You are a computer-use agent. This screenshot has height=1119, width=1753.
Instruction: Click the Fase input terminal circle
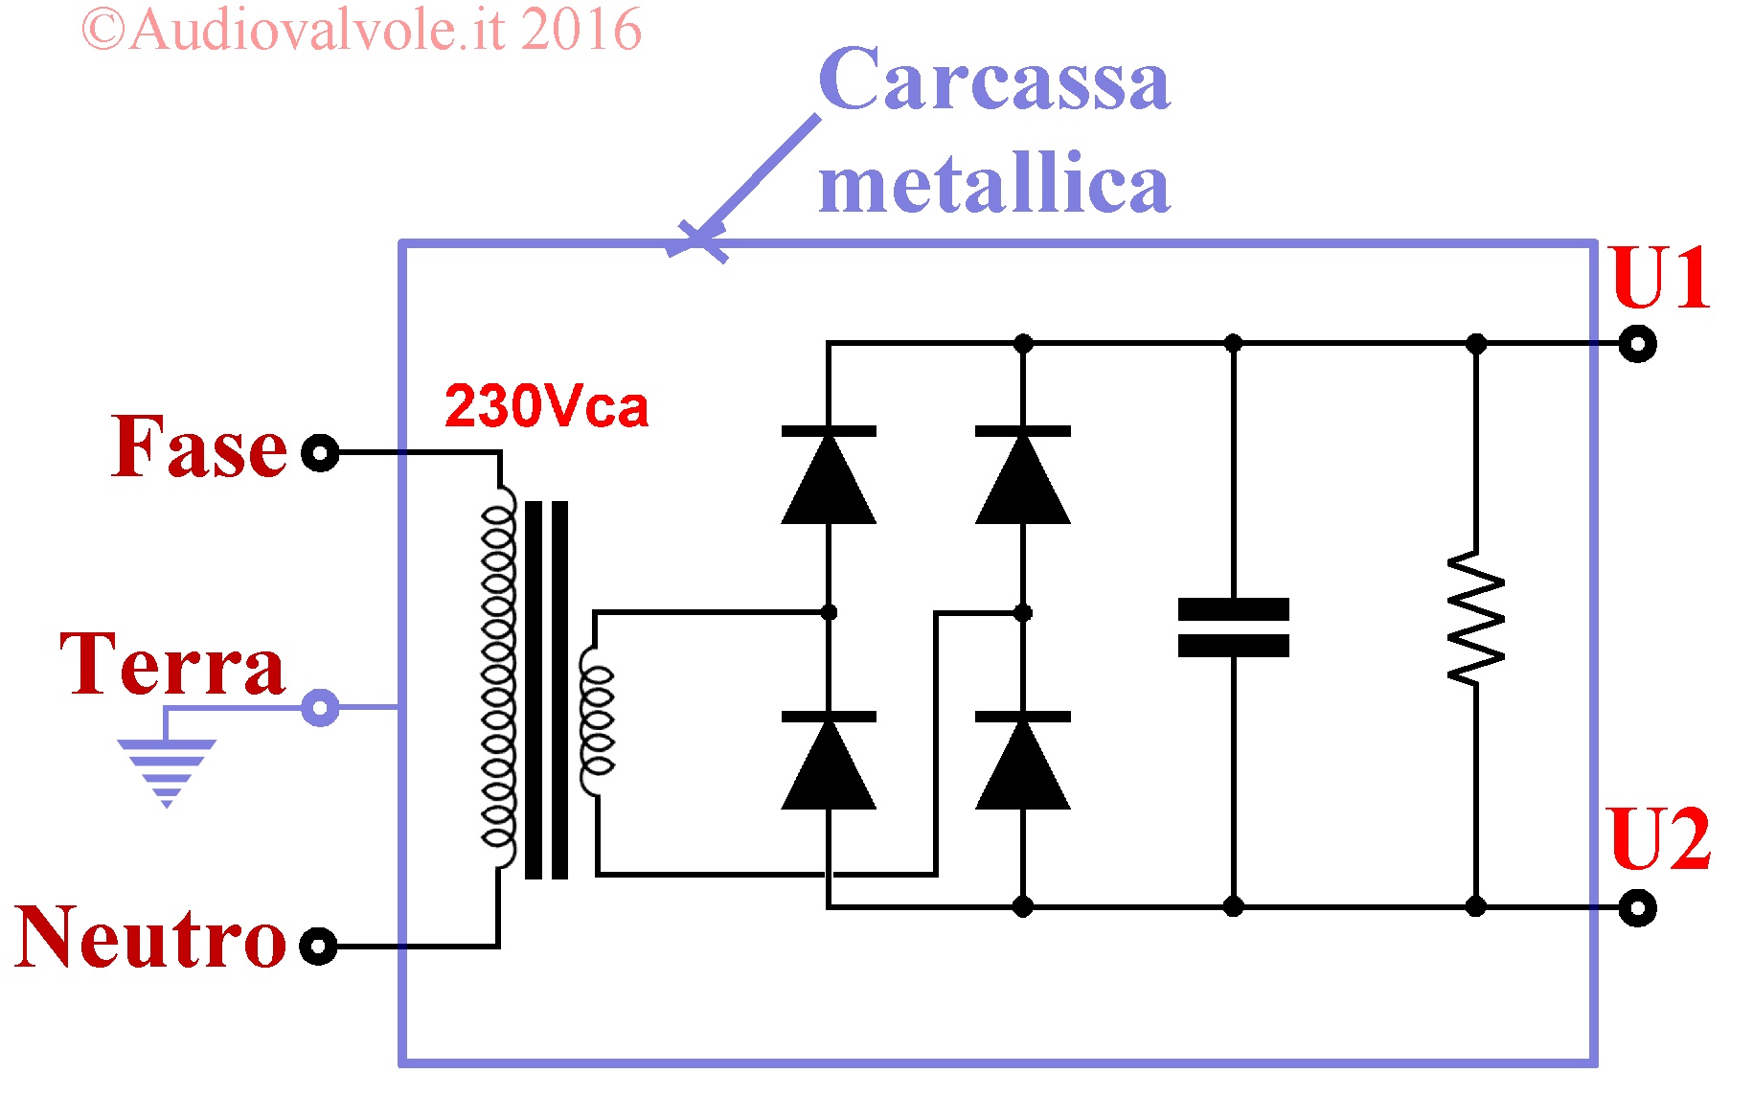320,452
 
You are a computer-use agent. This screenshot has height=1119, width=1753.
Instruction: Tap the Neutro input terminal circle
318,946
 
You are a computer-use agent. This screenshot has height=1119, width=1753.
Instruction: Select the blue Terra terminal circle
320,708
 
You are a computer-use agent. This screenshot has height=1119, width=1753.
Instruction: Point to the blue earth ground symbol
167,772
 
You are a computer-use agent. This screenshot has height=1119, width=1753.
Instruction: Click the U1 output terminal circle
1637,343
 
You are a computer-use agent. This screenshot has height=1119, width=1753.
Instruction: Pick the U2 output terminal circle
1637,907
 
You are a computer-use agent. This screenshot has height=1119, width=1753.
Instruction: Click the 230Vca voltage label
546,406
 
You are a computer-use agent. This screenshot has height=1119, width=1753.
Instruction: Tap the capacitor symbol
1234,628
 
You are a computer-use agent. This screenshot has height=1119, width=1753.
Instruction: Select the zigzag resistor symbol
1476,617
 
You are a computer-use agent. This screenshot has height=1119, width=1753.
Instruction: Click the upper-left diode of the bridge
829,475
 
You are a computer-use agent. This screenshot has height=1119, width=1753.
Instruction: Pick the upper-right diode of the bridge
1023,475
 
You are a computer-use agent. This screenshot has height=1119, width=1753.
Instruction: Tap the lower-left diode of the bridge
829,761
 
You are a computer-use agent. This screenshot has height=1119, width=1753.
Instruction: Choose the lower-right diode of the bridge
1023,761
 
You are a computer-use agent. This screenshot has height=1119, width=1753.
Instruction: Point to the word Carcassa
994,80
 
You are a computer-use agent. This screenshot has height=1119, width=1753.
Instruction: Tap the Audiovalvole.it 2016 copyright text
362,30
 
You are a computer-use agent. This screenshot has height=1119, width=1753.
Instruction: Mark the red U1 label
1660,278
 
